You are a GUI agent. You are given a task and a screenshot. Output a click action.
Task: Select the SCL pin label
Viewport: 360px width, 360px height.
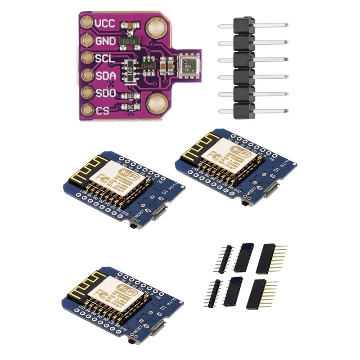click(x=104, y=58)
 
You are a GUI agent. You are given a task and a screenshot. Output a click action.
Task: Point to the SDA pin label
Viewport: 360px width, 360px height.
click(x=105, y=76)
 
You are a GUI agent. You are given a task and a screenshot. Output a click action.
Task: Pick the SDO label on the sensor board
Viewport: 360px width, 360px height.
click(x=105, y=93)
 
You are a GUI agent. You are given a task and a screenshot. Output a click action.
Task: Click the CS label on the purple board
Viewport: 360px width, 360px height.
click(x=102, y=110)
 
